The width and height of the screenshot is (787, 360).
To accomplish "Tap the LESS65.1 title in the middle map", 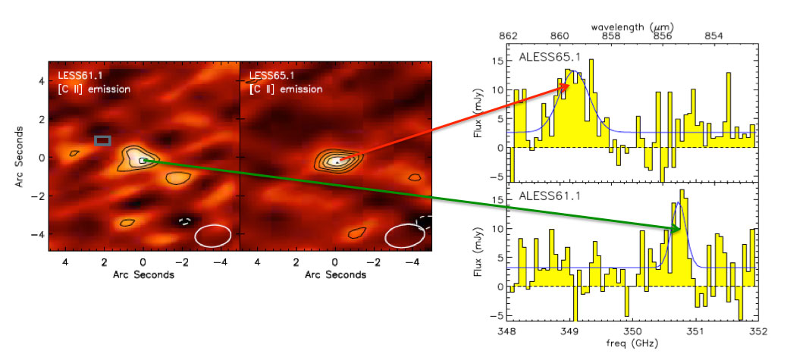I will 271,77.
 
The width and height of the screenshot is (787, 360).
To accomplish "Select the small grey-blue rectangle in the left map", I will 102,140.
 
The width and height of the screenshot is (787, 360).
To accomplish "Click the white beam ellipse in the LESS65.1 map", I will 405,236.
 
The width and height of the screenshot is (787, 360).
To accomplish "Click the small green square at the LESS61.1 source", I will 143,161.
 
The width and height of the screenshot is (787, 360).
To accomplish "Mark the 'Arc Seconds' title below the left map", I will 142,275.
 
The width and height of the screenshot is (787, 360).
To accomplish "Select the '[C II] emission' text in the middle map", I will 286,89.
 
